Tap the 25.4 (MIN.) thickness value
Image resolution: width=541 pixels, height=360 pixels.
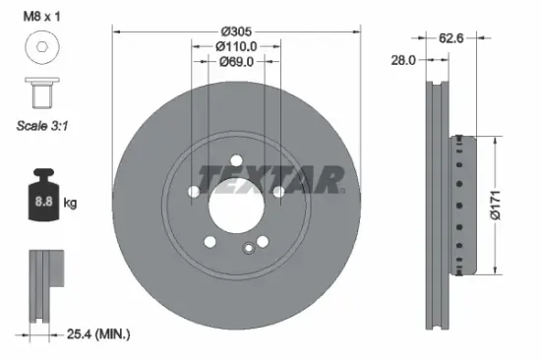tap(98, 335)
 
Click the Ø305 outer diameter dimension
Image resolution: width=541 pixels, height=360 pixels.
tap(236, 30)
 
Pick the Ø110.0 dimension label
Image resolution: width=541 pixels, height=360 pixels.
tap(236, 45)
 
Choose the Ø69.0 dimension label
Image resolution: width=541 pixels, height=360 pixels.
tap(236, 61)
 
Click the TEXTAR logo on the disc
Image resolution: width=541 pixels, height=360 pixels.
tap(270, 178)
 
